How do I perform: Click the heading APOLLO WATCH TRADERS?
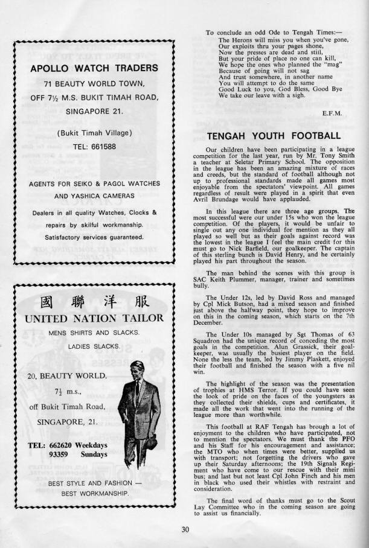(x=94, y=68)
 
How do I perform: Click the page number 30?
(x=184, y=530)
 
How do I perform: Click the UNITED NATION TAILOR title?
(x=94, y=318)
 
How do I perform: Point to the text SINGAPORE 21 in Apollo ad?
(x=94, y=112)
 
